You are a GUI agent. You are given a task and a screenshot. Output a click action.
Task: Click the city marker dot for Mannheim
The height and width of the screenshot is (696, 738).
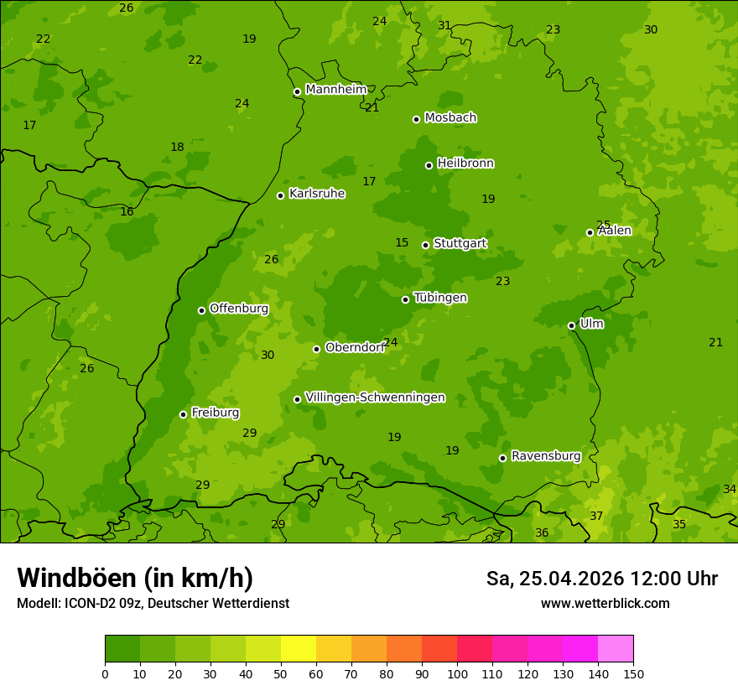tap(297, 92)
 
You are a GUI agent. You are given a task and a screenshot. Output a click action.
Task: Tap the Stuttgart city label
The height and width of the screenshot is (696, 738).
tap(460, 244)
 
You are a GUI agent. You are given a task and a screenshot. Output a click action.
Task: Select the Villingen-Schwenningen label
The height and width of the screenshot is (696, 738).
tap(375, 397)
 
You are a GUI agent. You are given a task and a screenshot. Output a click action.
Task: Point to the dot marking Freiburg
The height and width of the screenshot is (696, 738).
tap(183, 414)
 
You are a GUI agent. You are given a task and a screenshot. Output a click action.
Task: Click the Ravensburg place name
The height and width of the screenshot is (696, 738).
tap(545, 456)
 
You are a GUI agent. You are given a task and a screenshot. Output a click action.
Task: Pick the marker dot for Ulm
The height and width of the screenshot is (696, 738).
tap(571, 325)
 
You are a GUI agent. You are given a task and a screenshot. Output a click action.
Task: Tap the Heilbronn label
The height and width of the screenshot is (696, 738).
tap(465, 164)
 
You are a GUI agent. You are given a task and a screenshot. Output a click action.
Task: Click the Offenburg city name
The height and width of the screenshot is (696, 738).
tap(239, 309)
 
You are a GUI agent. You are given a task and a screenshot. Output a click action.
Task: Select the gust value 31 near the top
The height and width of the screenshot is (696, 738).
tap(444, 25)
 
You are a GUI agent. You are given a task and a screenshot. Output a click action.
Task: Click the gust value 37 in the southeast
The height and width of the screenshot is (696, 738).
tap(596, 516)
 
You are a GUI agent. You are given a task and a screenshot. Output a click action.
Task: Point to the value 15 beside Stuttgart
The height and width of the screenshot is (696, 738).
tap(402, 243)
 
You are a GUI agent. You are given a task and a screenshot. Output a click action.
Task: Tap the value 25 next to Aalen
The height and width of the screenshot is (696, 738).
tap(603, 225)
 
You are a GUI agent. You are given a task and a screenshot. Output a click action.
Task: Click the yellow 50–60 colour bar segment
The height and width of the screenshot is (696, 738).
tap(299, 649)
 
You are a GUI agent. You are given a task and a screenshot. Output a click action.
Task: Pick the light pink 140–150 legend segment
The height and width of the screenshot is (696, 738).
tap(616, 649)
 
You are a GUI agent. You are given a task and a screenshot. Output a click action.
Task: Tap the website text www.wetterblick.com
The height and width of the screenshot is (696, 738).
tap(605, 604)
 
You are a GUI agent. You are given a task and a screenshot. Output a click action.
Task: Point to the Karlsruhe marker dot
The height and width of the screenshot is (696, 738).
tap(280, 195)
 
